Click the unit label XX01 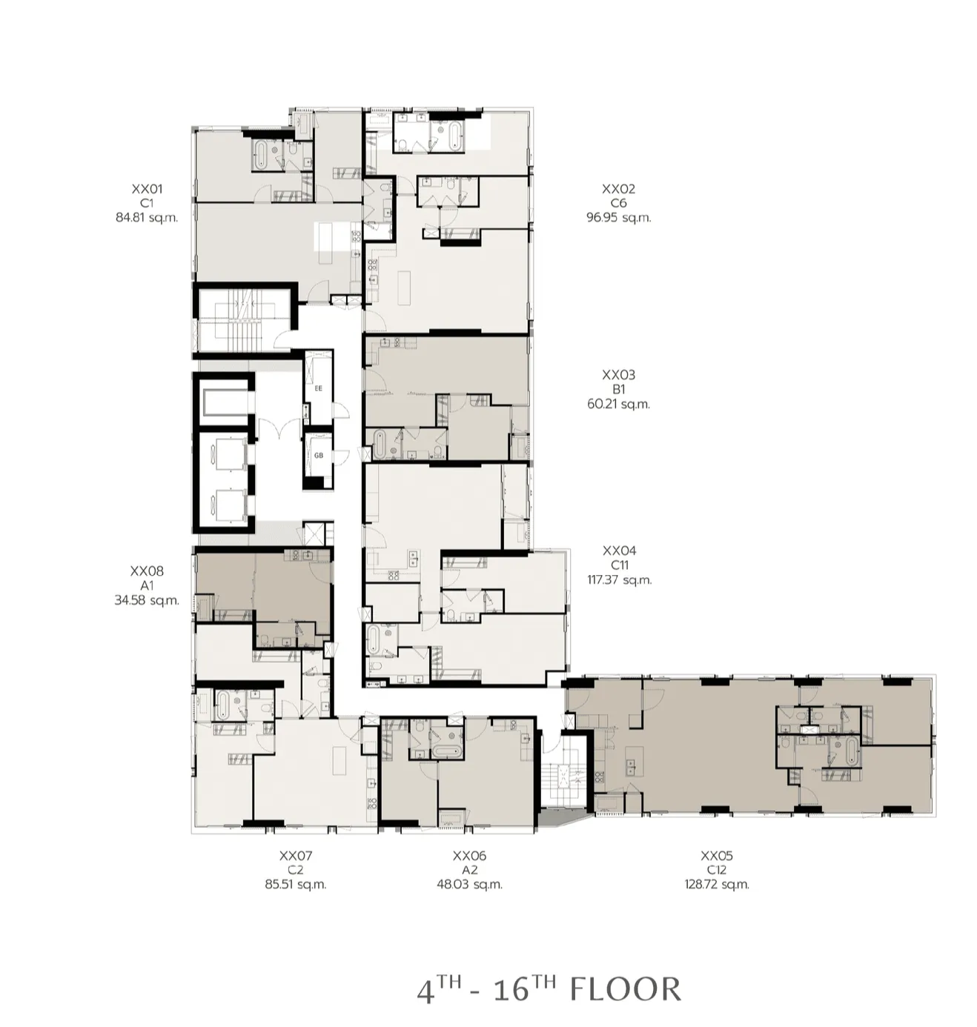tap(147, 188)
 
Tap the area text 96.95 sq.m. tap(618, 217)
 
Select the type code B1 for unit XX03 tap(618, 389)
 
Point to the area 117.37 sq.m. tap(619, 580)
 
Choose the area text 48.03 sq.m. tap(469, 885)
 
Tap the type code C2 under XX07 tap(295, 870)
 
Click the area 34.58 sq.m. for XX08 tap(147, 600)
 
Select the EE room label tap(318, 389)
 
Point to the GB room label tap(318, 456)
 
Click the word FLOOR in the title tap(625, 989)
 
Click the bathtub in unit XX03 tap(378, 444)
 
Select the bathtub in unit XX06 tap(446, 752)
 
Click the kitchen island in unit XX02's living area tap(404, 288)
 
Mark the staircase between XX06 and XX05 tap(566, 771)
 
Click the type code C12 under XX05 tap(717, 870)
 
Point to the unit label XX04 tap(620, 550)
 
